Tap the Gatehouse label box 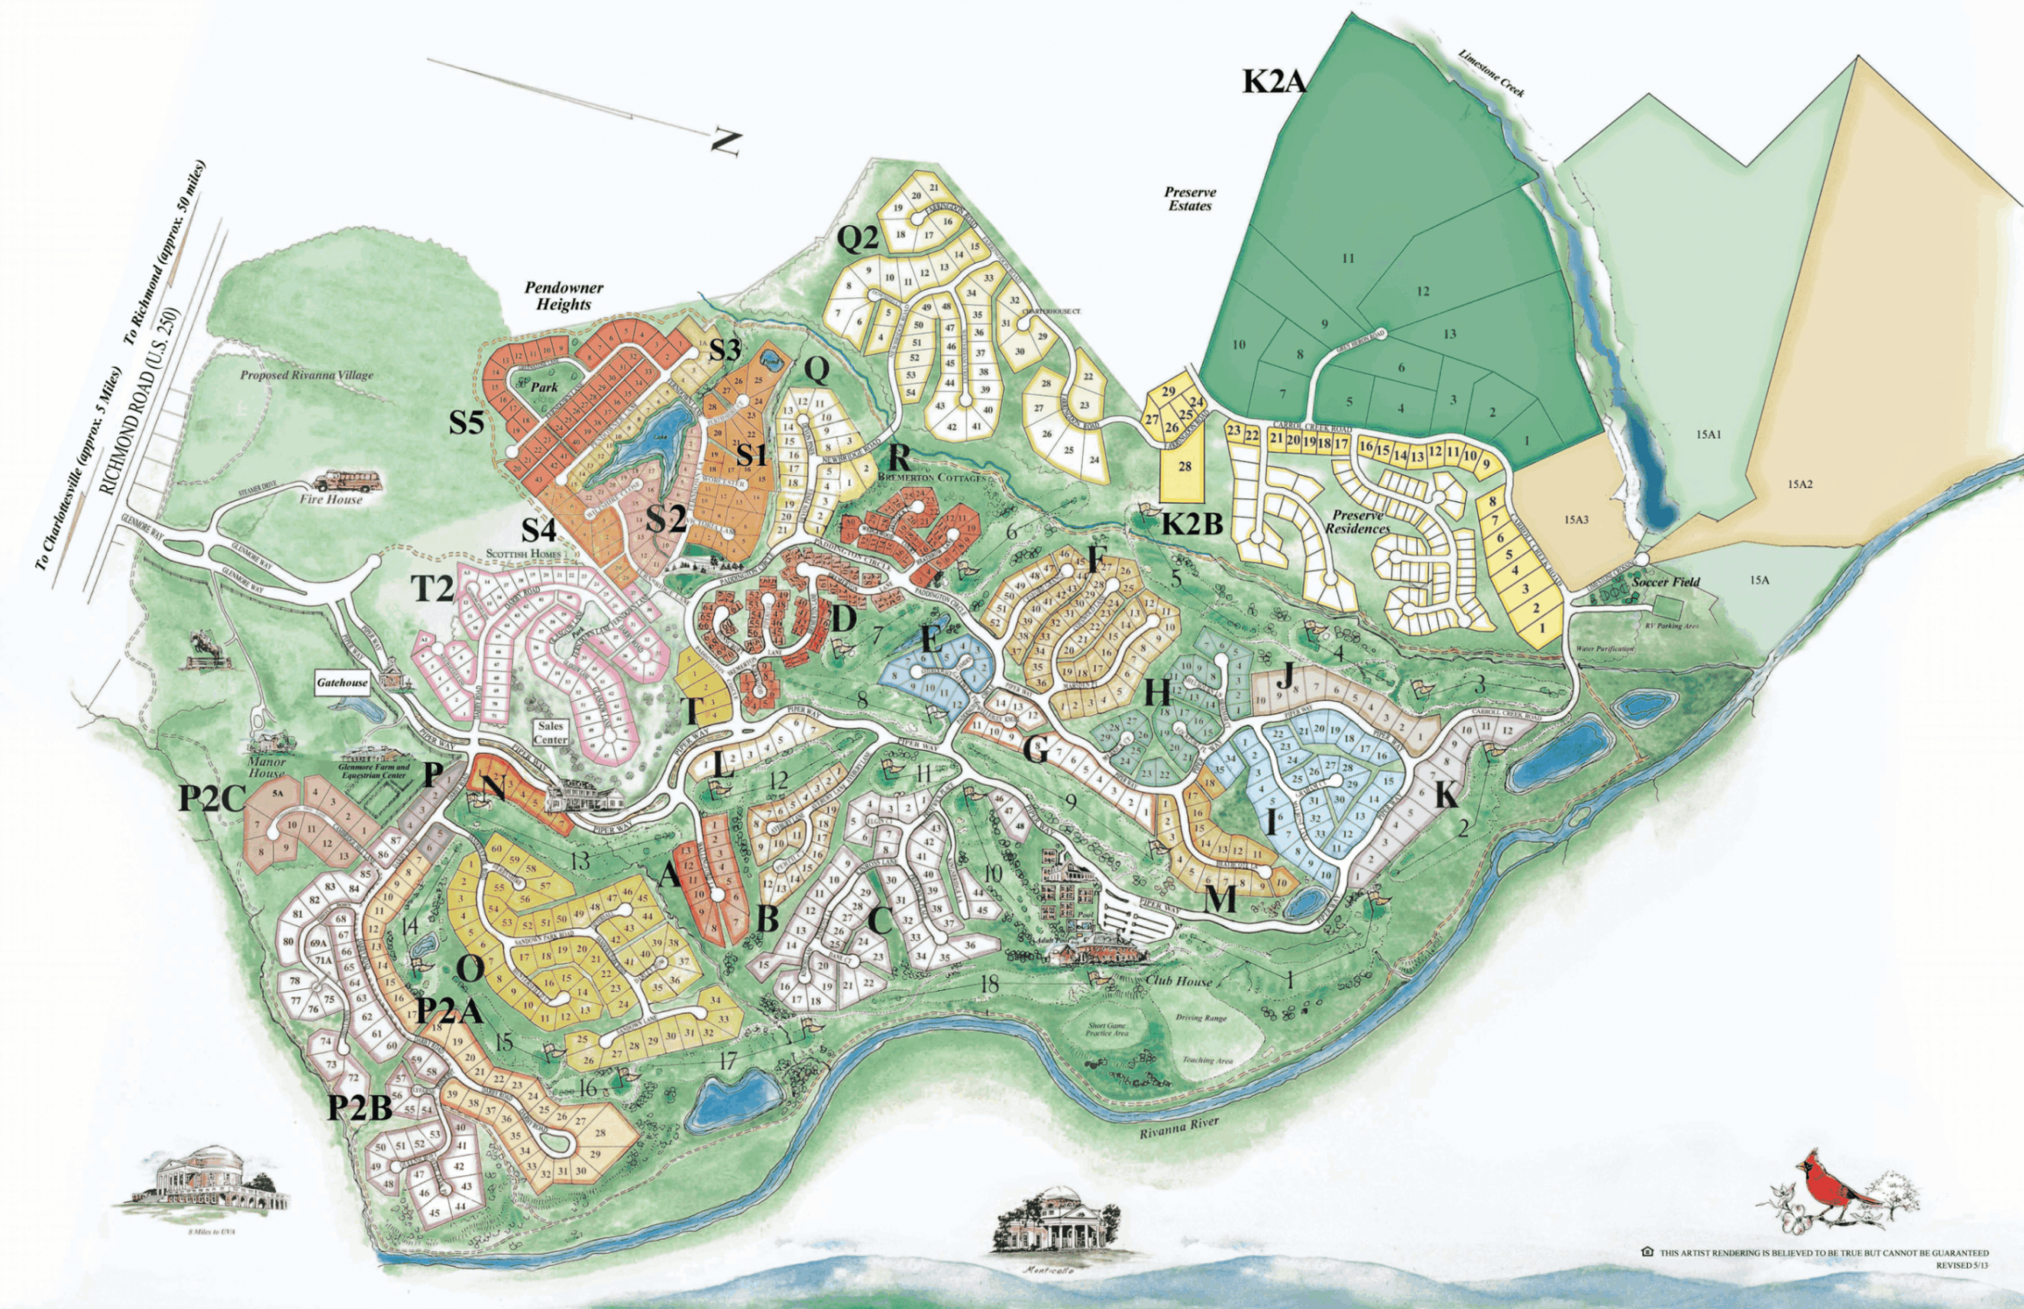pyautogui.click(x=343, y=682)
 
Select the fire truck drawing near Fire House pyautogui.click(x=351, y=482)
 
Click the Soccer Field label pyautogui.click(x=1666, y=581)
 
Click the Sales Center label pyautogui.click(x=550, y=733)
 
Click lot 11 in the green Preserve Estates pyautogui.click(x=1346, y=259)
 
